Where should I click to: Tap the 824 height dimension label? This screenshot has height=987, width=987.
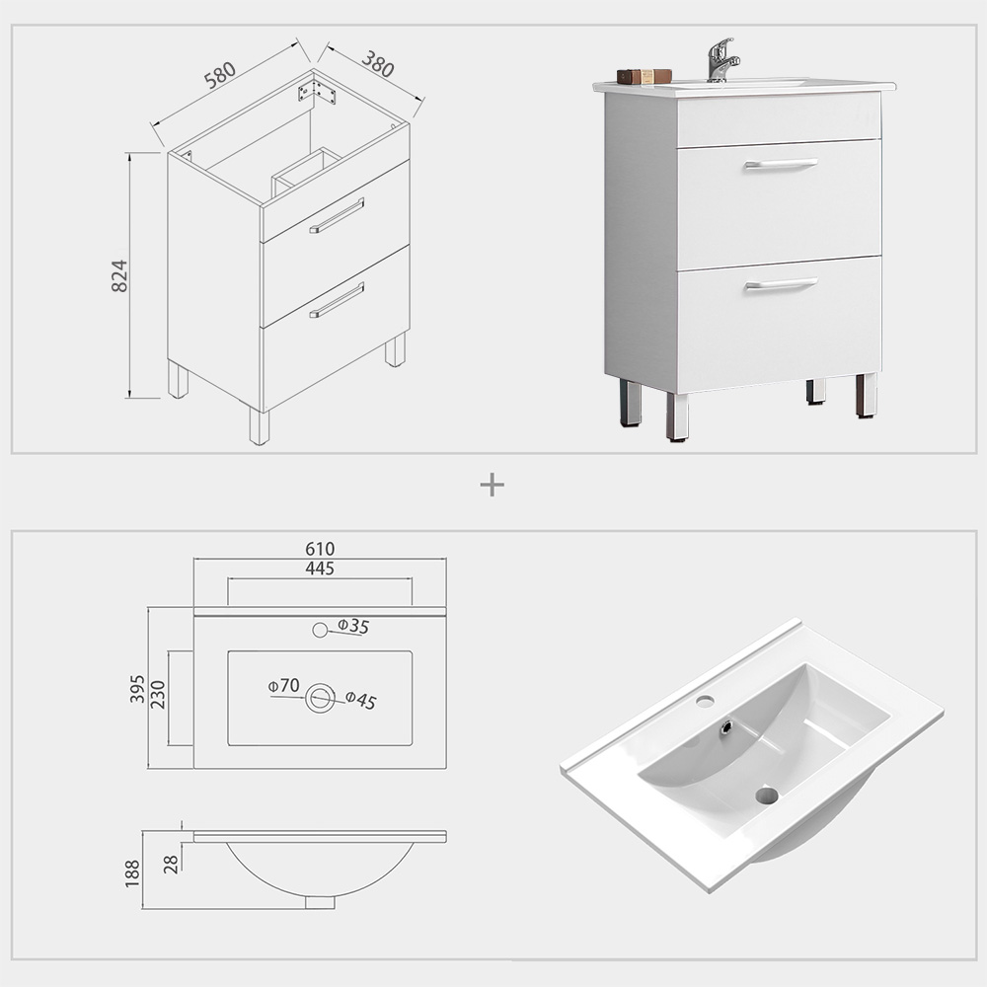[x=118, y=276]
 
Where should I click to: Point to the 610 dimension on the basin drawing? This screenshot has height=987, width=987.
[x=320, y=549]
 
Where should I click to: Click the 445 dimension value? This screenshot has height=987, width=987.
[x=320, y=569]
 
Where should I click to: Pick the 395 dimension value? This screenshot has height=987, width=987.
[x=136, y=689]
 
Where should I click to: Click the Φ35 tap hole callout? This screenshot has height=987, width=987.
[x=352, y=626]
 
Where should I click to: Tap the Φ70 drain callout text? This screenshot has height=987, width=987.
[x=282, y=685]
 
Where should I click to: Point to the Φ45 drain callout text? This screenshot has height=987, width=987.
[x=360, y=701]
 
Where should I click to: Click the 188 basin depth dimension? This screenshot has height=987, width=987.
[x=132, y=873]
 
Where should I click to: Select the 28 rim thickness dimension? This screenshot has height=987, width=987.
[x=171, y=865]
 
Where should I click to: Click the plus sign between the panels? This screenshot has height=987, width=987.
[x=492, y=485]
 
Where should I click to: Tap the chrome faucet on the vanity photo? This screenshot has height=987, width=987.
[x=721, y=60]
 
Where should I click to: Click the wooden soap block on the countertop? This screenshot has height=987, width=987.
[x=645, y=76]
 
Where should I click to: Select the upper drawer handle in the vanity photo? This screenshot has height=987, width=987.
[x=781, y=164]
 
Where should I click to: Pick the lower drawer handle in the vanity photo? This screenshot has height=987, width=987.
[x=781, y=284]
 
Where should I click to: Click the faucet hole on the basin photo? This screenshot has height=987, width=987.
[x=705, y=702]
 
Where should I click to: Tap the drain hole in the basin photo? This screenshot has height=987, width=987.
[x=767, y=795]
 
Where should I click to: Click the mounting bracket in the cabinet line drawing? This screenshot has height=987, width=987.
[x=317, y=92]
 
